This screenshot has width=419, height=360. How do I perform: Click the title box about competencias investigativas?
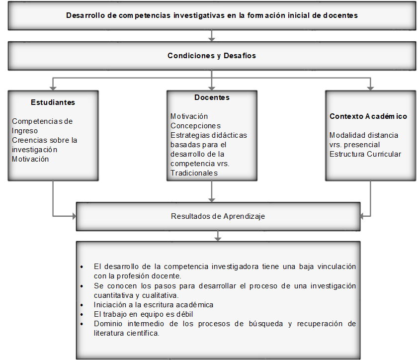(212, 15)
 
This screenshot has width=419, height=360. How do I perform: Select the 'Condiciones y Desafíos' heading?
(212, 56)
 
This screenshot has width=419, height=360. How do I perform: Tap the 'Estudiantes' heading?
(53, 102)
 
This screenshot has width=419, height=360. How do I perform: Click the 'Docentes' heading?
(212, 97)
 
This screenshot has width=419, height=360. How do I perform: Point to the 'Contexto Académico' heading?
(368, 116)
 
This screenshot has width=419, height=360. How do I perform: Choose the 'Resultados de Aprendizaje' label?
(218, 216)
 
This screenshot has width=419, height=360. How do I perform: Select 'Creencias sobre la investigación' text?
(44, 145)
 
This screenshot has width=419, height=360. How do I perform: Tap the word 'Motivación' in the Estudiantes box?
(30, 159)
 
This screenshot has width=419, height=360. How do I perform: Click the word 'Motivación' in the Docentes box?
(189, 116)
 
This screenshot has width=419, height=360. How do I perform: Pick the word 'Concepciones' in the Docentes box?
(195, 126)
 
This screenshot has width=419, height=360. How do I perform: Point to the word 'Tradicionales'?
(194, 173)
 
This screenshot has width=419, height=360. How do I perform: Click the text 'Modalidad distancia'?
(364, 135)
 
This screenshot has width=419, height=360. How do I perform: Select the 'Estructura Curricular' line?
(365, 154)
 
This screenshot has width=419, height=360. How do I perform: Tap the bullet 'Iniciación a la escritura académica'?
(153, 304)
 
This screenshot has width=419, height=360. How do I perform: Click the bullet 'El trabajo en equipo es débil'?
(143, 314)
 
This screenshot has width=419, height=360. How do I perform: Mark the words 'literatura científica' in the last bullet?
(126, 333)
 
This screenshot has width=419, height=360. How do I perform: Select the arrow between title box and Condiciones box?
(212, 35)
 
